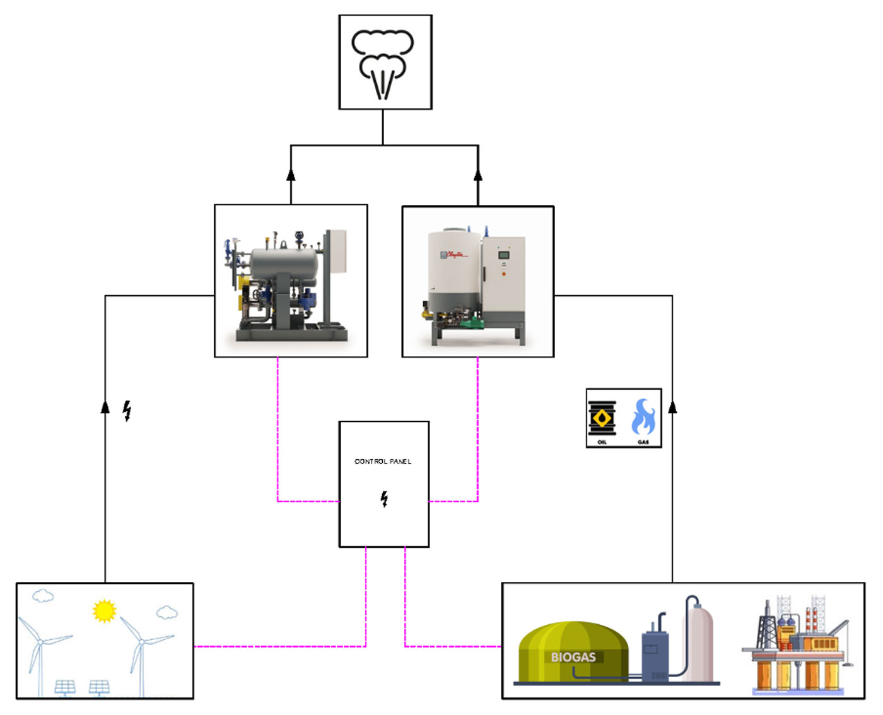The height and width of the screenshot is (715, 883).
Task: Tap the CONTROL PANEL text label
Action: [383, 462]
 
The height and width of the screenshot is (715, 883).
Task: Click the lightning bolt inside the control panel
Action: [384, 499]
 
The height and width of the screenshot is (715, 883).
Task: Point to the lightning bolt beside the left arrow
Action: [127, 410]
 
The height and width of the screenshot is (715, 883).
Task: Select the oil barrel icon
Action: [602, 418]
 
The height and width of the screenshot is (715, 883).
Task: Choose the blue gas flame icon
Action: [643, 417]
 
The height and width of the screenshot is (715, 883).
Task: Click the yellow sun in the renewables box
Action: [104, 610]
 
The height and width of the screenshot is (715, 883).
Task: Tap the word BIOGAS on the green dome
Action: [573, 657]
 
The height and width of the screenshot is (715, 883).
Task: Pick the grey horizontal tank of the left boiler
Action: [284, 262]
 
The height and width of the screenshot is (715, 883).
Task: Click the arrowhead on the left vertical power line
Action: [105, 407]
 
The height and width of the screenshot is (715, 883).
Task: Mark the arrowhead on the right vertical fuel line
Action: [672, 407]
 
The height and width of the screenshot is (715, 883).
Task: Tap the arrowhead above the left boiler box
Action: [291, 175]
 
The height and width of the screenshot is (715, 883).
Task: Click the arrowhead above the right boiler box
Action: [478, 175]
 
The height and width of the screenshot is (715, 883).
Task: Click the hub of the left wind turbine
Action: [40, 642]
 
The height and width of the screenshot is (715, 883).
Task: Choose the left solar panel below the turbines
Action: [65, 686]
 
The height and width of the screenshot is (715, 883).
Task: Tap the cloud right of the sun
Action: [167, 612]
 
